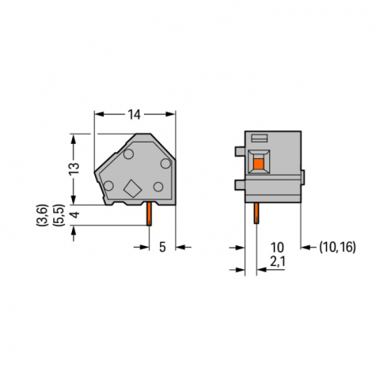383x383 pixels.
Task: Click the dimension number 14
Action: tap(135, 115)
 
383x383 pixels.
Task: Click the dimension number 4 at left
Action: tap(74, 215)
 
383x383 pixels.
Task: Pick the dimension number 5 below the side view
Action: tap(161, 247)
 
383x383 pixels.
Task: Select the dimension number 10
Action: tap(277, 247)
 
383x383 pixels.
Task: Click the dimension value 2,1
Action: tap(277, 260)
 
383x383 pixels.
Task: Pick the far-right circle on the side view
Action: tap(165, 162)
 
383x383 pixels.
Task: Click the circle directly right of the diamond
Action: tap(158, 187)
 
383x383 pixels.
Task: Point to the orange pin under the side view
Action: tap(148, 214)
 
